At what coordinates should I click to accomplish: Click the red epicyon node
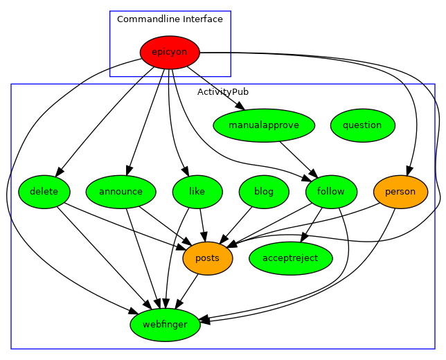tap(170, 52)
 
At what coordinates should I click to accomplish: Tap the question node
tap(362, 125)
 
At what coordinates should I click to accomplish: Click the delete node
tap(44, 192)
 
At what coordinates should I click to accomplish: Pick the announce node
tap(121, 192)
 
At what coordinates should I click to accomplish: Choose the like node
tap(197, 192)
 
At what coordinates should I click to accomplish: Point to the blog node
tap(264, 192)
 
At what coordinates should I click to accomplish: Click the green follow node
tap(330, 192)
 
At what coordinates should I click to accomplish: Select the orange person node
tap(400, 192)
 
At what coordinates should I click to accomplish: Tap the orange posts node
tap(207, 258)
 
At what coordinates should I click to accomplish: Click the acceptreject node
tap(291, 258)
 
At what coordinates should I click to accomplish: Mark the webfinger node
tap(165, 325)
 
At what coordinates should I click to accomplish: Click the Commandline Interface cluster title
tap(170, 19)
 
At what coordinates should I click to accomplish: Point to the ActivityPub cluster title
tap(223, 91)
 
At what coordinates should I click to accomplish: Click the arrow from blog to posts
tap(236, 224)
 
